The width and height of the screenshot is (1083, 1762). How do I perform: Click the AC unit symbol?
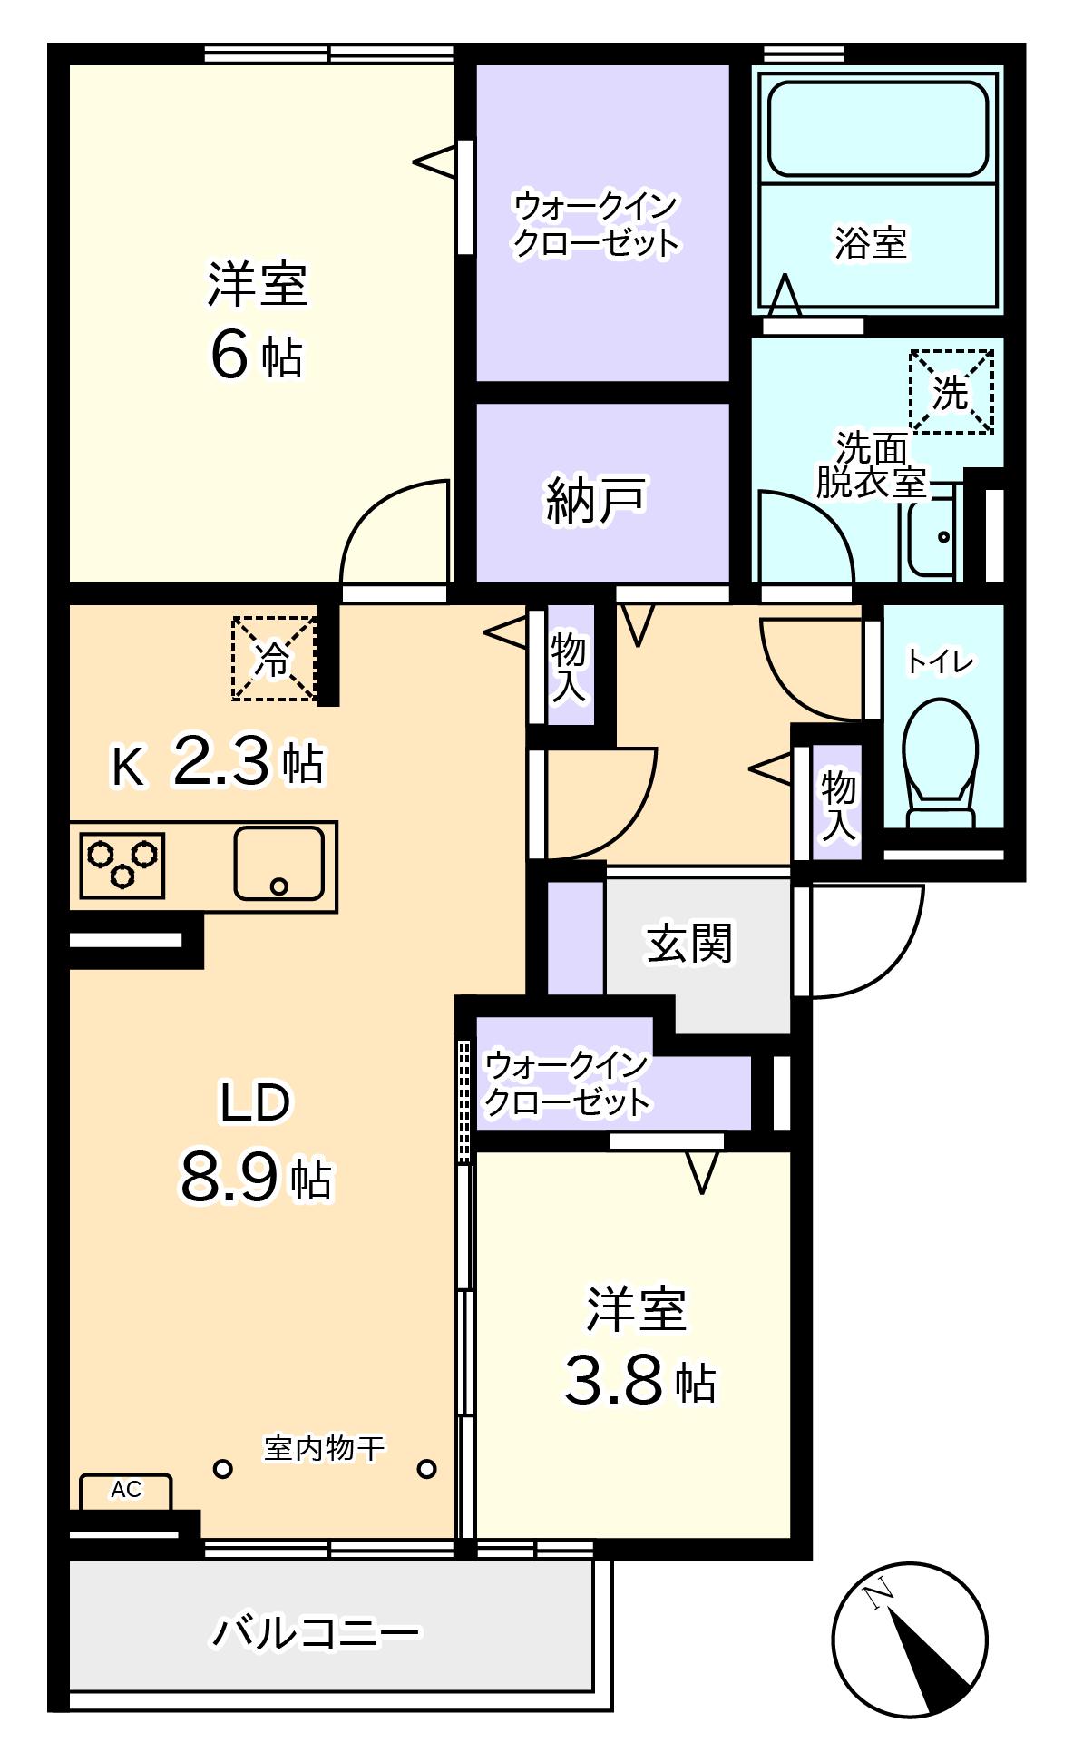click(125, 1492)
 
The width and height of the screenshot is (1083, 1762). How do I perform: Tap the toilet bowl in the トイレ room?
click(941, 762)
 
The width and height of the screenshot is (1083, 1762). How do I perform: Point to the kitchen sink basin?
click(278, 863)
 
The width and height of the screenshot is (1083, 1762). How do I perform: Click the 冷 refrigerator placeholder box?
click(274, 659)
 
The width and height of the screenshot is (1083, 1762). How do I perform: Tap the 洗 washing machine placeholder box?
click(951, 392)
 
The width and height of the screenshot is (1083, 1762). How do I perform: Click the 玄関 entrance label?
click(689, 944)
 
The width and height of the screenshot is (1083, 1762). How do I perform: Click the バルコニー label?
click(317, 1633)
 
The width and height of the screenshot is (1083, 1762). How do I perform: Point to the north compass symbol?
click(909, 1640)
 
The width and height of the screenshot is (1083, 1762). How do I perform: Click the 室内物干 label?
click(324, 1448)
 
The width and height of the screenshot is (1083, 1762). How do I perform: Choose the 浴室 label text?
click(871, 242)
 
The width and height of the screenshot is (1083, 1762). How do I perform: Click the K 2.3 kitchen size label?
click(217, 762)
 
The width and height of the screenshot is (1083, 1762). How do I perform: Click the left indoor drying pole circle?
click(222, 1468)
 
